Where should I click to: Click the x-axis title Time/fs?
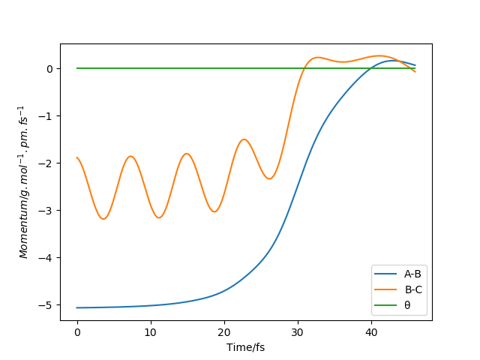coord(246,347)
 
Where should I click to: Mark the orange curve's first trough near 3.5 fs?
coord(103,219)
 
